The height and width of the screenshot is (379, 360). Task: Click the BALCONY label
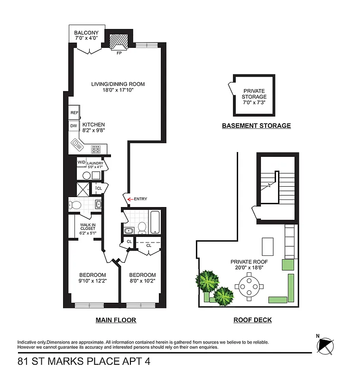(86, 33)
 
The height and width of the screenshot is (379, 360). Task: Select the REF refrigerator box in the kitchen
(74, 113)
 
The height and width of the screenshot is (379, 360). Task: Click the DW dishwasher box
(74, 126)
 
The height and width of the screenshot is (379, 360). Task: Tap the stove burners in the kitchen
(95, 148)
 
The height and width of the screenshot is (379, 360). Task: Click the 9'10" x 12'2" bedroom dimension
(92, 280)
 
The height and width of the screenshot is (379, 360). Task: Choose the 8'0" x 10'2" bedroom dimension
(142, 280)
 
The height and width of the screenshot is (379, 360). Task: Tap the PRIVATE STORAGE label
(254, 97)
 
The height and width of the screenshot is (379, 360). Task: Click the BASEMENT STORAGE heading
(256, 126)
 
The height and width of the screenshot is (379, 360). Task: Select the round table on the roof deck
(249, 287)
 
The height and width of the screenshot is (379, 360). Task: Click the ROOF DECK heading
(252, 320)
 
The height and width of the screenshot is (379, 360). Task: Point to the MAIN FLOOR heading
(116, 320)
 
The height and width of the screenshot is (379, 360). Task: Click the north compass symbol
(326, 344)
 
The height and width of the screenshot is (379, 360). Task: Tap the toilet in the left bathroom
(75, 205)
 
